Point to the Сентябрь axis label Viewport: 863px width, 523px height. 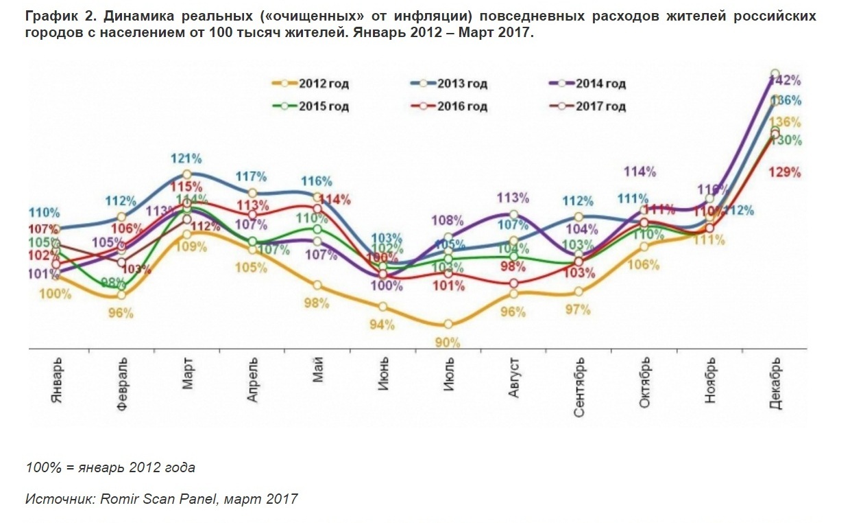tap(580, 384)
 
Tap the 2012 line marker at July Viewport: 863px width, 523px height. tap(448, 324)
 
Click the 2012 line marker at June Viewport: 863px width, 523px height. tap(382, 306)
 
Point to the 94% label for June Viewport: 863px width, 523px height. tap(383, 325)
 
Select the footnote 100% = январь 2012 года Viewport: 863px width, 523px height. tap(110, 467)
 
